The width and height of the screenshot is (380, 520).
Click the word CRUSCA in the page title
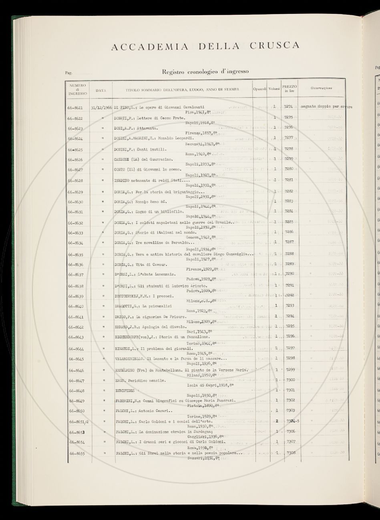tap(275, 45)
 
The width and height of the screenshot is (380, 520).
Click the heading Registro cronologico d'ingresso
tap(205, 72)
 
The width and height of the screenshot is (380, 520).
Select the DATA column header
tap(101, 90)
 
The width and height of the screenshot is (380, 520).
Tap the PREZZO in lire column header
tap(290, 89)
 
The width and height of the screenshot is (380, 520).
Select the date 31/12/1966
tap(102, 108)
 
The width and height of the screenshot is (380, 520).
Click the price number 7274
tap(288, 107)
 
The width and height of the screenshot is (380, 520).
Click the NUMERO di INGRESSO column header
tap(77, 90)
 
